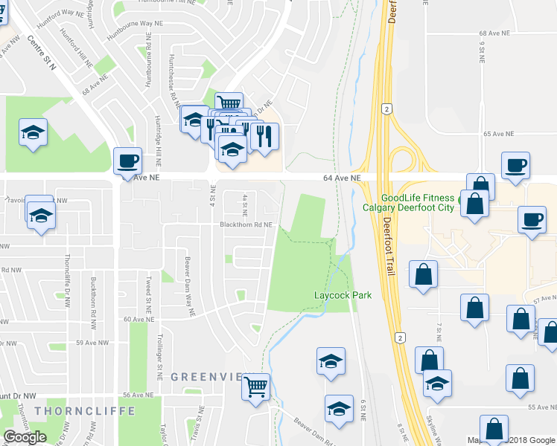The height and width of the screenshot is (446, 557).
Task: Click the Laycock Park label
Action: point(343,295)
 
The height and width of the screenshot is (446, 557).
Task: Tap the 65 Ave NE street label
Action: point(499,134)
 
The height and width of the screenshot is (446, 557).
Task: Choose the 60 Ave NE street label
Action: point(138,319)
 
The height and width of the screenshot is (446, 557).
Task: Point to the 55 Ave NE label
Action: point(541,407)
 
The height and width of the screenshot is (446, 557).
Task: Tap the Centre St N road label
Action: point(42,52)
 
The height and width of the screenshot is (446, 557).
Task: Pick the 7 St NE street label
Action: point(439,333)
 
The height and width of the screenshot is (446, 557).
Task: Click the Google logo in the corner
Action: point(25,437)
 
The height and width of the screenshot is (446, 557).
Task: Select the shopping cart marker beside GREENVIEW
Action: point(255,386)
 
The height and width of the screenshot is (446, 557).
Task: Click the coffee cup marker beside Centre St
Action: point(127,161)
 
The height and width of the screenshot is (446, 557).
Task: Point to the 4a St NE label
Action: point(246,201)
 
